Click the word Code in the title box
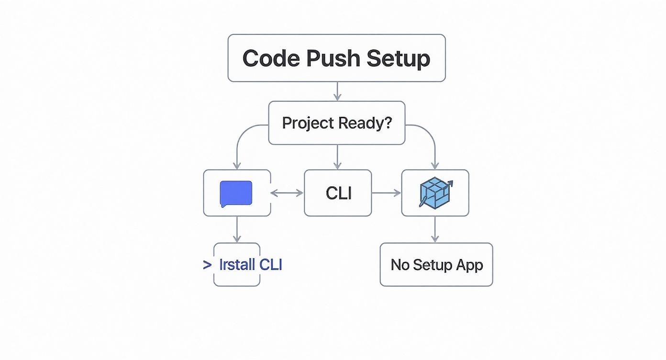(x=271, y=58)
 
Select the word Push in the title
(x=333, y=58)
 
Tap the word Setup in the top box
(x=398, y=58)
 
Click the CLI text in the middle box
(x=338, y=193)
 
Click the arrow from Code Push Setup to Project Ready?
(x=337, y=91)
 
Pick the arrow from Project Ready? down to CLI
(x=337, y=157)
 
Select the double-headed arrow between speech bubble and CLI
(x=287, y=193)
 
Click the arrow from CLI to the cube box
(x=386, y=193)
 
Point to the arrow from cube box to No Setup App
(x=434, y=229)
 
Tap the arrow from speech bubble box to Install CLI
(x=236, y=229)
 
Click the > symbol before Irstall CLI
(x=207, y=265)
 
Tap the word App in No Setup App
(x=469, y=265)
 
